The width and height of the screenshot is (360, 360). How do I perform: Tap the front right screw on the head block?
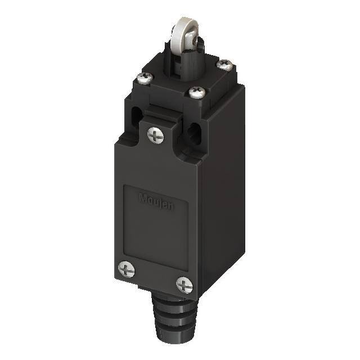click(x=196, y=92)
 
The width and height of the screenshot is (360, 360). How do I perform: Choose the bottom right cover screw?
click(x=184, y=285)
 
